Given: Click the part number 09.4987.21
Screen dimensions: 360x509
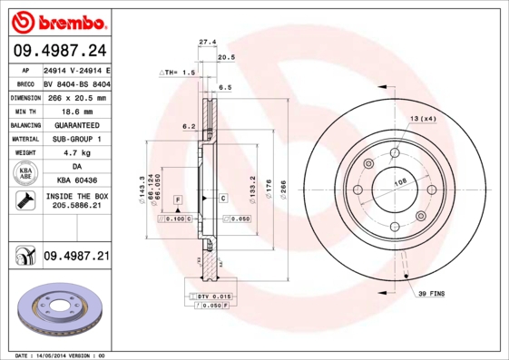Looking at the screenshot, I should click(x=76, y=258).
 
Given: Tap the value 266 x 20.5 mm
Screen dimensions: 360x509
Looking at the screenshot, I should click(x=76, y=97).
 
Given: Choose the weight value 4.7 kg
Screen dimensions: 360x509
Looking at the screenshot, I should click(x=76, y=153).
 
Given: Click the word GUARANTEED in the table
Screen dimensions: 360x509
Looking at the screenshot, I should click(x=76, y=125).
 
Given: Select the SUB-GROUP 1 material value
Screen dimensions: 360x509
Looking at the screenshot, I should click(x=76, y=139).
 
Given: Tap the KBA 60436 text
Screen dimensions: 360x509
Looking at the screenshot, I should click(x=76, y=180).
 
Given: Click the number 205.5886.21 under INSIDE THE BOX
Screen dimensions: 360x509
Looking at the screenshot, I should click(x=76, y=207).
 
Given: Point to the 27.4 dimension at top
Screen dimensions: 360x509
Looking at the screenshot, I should click(x=207, y=42).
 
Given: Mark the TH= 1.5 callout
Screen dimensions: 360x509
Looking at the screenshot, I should click(x=178, y=72).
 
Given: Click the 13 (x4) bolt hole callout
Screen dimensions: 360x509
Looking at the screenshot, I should click(x=423, y=119).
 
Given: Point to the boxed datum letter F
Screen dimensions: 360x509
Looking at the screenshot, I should click(x=179, y=198).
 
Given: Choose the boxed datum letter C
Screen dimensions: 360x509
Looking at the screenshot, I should click(x=223, y=197).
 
